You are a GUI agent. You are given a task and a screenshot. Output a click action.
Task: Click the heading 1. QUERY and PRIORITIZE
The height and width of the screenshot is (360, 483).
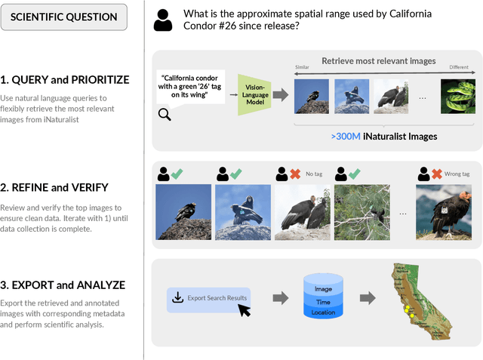(65, 80)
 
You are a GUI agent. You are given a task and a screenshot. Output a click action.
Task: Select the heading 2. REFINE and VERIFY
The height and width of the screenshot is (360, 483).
(55, 188)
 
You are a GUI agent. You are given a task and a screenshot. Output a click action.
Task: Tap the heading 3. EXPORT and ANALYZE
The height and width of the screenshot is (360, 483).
(63, 285)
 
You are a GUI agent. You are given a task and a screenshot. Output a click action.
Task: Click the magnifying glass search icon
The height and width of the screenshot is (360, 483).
(165, 114)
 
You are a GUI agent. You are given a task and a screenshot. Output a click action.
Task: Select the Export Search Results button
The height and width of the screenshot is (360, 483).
(208, 297)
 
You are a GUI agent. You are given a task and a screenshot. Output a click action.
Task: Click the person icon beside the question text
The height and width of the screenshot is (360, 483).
(163, 20)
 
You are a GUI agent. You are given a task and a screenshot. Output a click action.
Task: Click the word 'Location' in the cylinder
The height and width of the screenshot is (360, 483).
(322, 312)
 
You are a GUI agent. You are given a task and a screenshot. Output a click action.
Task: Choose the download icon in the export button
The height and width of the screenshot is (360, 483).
(178, 297)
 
